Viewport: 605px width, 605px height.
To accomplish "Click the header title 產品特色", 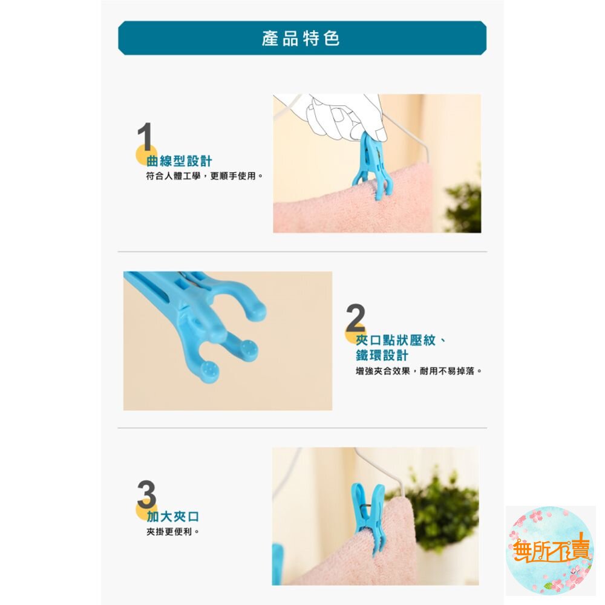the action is (x=301, y=39).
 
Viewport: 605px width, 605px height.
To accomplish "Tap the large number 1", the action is (x=145, y=137).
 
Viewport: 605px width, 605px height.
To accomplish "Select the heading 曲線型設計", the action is (x=180, y=161).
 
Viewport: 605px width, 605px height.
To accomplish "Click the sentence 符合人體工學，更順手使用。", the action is (x=204, y=176).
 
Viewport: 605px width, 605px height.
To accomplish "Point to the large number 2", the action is (x=355, y=318).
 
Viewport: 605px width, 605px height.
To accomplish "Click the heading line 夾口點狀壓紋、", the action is (x=401, y=340).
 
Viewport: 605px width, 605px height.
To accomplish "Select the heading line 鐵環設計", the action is (x=382, y=355).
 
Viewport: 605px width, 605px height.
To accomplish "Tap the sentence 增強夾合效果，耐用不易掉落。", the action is (x=419, y=371).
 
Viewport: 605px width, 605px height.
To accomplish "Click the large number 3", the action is (x=146, y=494).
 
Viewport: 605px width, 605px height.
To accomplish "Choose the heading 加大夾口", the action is (x=173, y=516).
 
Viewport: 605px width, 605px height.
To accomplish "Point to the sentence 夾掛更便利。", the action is (x=173, y=532).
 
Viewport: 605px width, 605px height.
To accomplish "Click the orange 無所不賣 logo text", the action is (x=551, y=549).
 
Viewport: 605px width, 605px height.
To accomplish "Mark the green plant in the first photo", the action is (x=465, y=204).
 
